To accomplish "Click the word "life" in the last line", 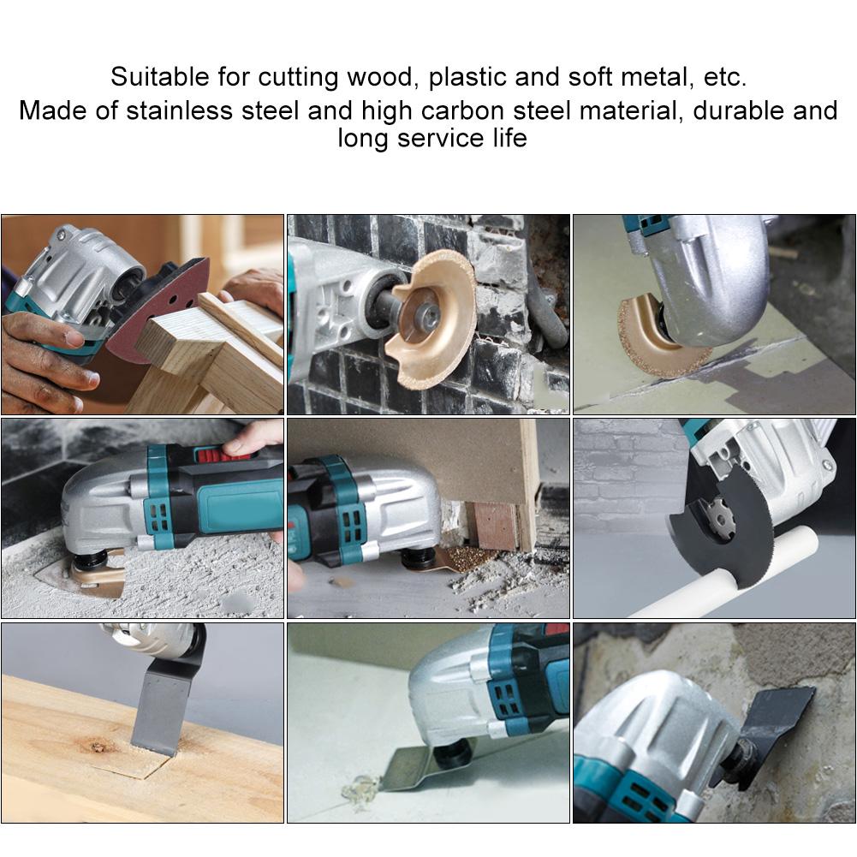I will pos(508,138).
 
